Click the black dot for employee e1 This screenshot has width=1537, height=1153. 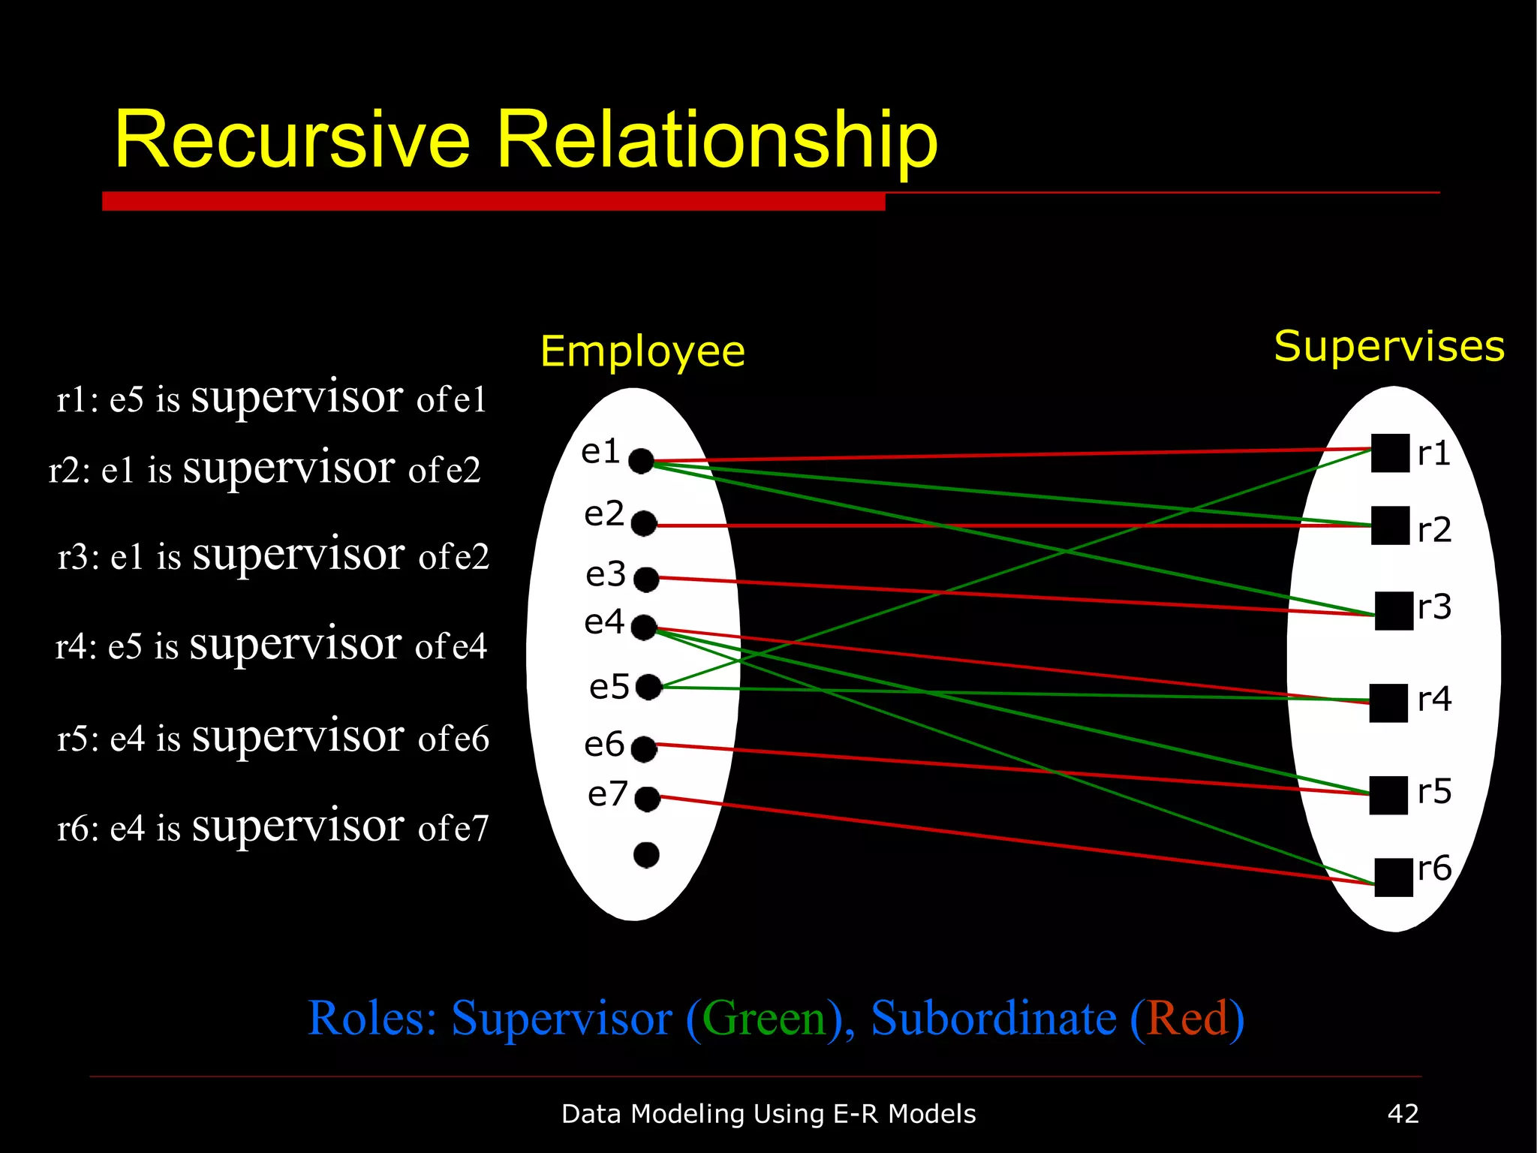point(641,461)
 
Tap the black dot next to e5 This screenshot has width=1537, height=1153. point(648,686)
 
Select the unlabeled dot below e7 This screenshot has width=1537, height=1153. point(646,854)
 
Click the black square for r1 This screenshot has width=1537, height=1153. point(1390,453)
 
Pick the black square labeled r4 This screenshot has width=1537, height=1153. point(1388,703)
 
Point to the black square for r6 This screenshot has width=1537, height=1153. point(1394,877)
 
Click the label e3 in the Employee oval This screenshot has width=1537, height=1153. point(606,575)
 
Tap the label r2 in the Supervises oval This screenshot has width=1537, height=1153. point(1434,530)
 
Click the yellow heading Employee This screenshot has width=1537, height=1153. point(642,351)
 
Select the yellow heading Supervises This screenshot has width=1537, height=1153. point(1389,347)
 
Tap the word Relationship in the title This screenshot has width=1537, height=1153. point(717,140)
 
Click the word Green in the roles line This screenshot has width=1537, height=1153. point(764,1019)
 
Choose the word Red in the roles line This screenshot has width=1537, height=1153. point(1187,1019)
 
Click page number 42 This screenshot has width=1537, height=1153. point(1403,1113)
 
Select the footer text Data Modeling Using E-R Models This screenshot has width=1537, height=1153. point(768,1114)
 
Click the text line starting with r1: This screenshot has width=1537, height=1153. point(272,398)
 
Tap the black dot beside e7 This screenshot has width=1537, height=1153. point(647,799)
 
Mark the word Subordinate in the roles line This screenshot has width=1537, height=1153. point(993,1019)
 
